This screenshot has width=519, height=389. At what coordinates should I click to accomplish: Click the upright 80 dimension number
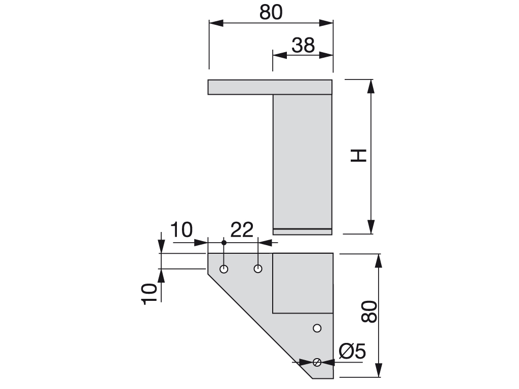click(x=271, y=12)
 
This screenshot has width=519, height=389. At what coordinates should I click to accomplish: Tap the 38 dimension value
click(x=303, y=45)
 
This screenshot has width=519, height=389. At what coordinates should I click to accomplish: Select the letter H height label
click(x=358, y=155)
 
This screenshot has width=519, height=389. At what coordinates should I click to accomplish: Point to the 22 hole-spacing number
click(x=242, y=229)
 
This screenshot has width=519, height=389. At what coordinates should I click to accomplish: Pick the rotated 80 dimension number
click(x=369, y=312)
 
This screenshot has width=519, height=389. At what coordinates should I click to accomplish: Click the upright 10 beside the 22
click(x=181, y=229)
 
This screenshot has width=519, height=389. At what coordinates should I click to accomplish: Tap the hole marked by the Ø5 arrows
click(x=317, y=362)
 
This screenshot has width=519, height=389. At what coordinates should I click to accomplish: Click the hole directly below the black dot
click(x=224, y=269)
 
